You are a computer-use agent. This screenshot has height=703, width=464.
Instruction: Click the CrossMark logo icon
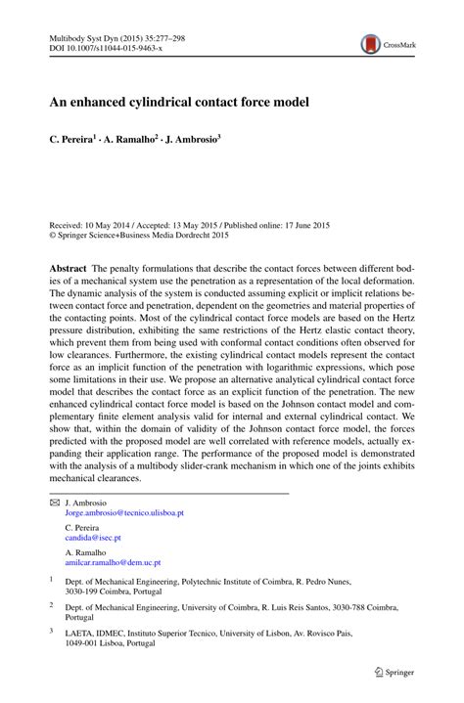tap(371, 43)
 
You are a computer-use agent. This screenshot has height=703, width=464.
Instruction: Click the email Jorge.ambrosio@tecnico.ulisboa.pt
tap(124, 512)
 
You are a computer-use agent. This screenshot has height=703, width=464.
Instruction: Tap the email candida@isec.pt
tap(93, 538)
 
